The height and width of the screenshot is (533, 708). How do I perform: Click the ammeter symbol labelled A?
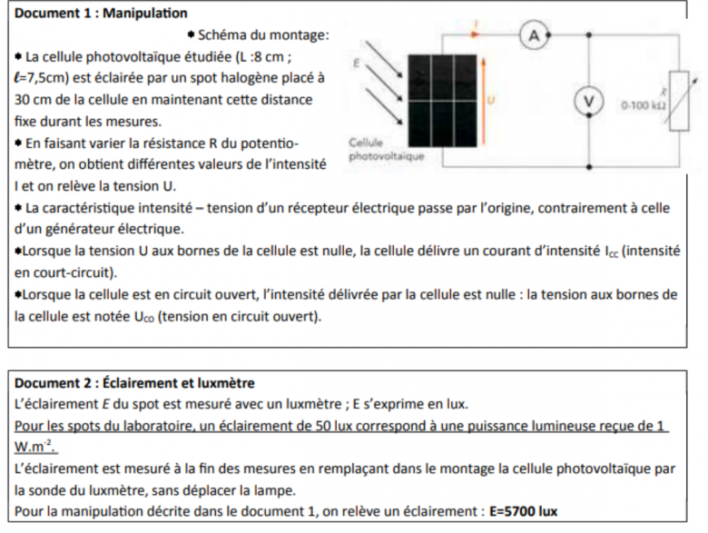[535, 35]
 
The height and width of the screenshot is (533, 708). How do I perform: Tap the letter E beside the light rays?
[357, 63]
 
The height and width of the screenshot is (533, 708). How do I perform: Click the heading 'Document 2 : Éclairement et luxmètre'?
[135, 383]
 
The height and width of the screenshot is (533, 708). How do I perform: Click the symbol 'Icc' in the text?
[615, 251]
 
